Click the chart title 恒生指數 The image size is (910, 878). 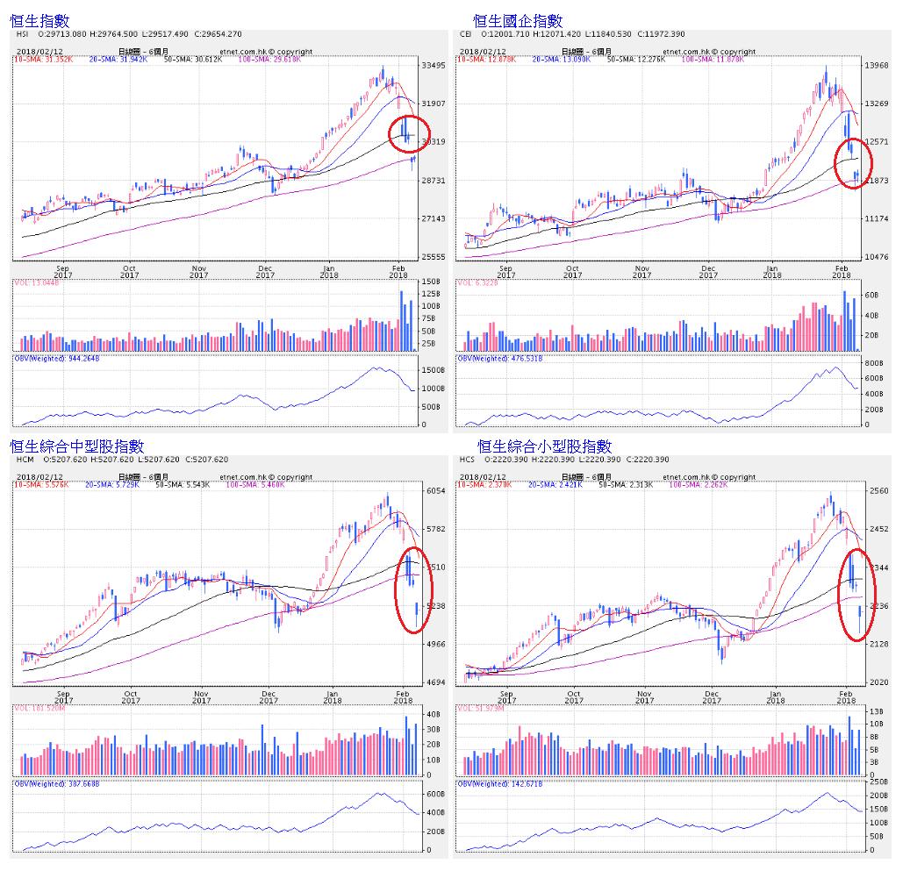tap(39, 19)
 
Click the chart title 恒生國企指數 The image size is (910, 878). tap(517, 19)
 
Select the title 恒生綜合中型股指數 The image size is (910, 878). tap(76, 446)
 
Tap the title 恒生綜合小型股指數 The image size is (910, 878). tap(544, 446)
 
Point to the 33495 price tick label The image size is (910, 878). tap(434, 66)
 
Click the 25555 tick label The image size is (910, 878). tap(434, 257)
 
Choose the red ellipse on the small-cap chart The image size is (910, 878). tap(852, 595)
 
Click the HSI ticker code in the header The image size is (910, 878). tap(23, 34)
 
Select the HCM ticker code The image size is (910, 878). tap(25, 460)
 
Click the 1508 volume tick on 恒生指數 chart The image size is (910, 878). tap(430, 282)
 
